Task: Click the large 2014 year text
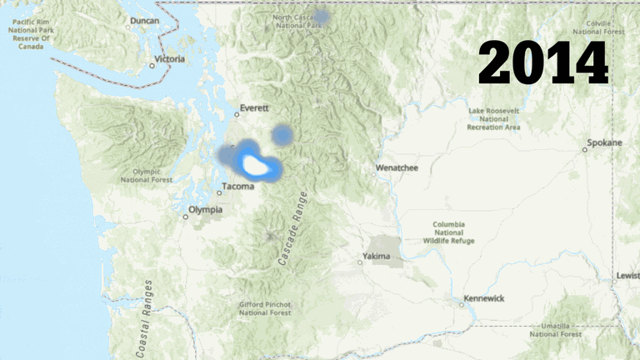[x=542, y=62]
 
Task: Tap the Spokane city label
[x=604, y=142]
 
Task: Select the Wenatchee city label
[x=397, y=167]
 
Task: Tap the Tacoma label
[x=237, y=187]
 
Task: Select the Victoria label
[x=169, y=59]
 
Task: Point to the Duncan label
[x=145, y=20]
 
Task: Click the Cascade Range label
[x=292, y=229]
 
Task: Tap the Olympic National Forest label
[x=147, y=174]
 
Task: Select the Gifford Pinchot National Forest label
[x=265, y=308]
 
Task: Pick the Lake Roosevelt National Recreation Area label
[x=494, y=119]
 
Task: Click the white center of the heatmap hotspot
[x=256, y=166]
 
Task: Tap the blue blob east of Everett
[x=283, y=134]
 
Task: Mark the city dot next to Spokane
[x=585, y=150]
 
